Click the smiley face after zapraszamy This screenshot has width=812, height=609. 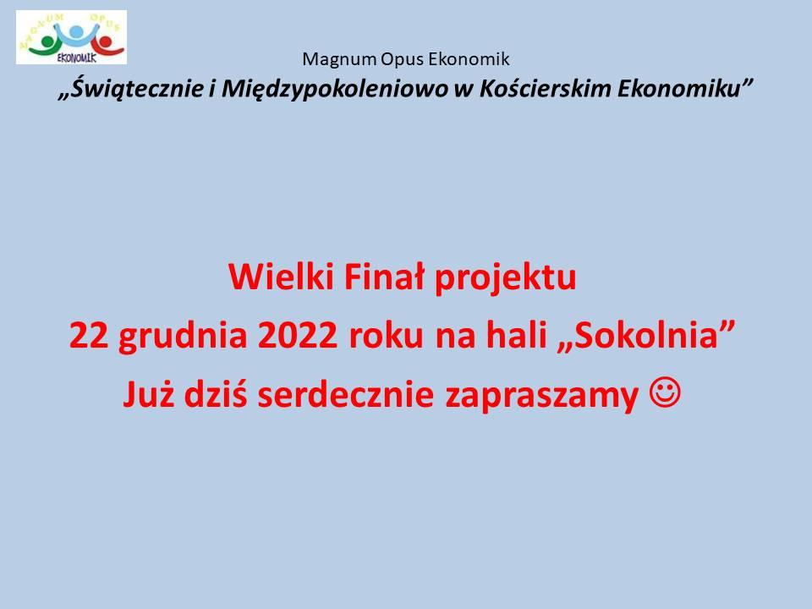(x=665, y=393)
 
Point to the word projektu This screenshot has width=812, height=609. (x=505, y=278)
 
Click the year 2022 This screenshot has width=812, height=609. (x=297, y=336)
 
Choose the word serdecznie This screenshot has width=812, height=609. (x=345, y=394)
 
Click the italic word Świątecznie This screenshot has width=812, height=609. (x=137, y=89)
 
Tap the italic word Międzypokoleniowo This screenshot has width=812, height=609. (x=335, y=89)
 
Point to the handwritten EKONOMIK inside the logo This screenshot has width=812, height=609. (x=77, y=58)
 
